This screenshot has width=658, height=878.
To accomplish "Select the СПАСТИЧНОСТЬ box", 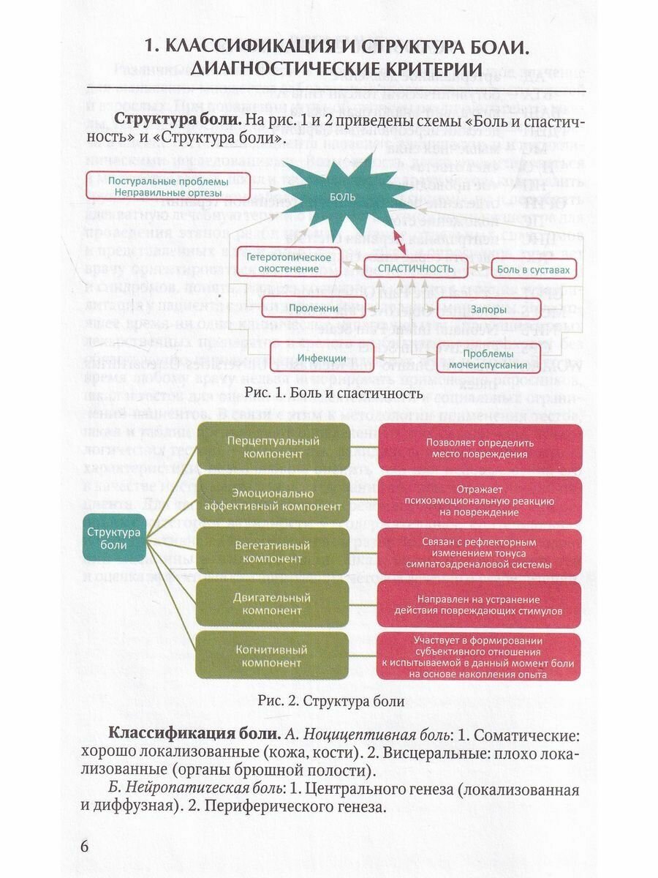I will pos(415,269).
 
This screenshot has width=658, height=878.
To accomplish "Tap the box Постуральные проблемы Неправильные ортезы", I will pos(157,187).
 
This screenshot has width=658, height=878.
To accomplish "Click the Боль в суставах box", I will pos(534,270).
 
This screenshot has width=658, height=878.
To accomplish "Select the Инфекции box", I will pos(311,359).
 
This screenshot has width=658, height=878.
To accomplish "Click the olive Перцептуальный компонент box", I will pos(273,447).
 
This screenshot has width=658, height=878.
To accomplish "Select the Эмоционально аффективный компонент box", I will pos(273,499).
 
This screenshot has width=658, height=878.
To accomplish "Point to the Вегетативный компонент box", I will pos(273,552).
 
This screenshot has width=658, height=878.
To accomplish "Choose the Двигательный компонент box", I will pos(273,604).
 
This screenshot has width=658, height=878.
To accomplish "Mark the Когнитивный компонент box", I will pos(273,656).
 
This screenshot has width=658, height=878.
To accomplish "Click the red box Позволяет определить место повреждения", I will pos(480,448).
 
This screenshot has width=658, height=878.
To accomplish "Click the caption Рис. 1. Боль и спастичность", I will pos(334,393).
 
